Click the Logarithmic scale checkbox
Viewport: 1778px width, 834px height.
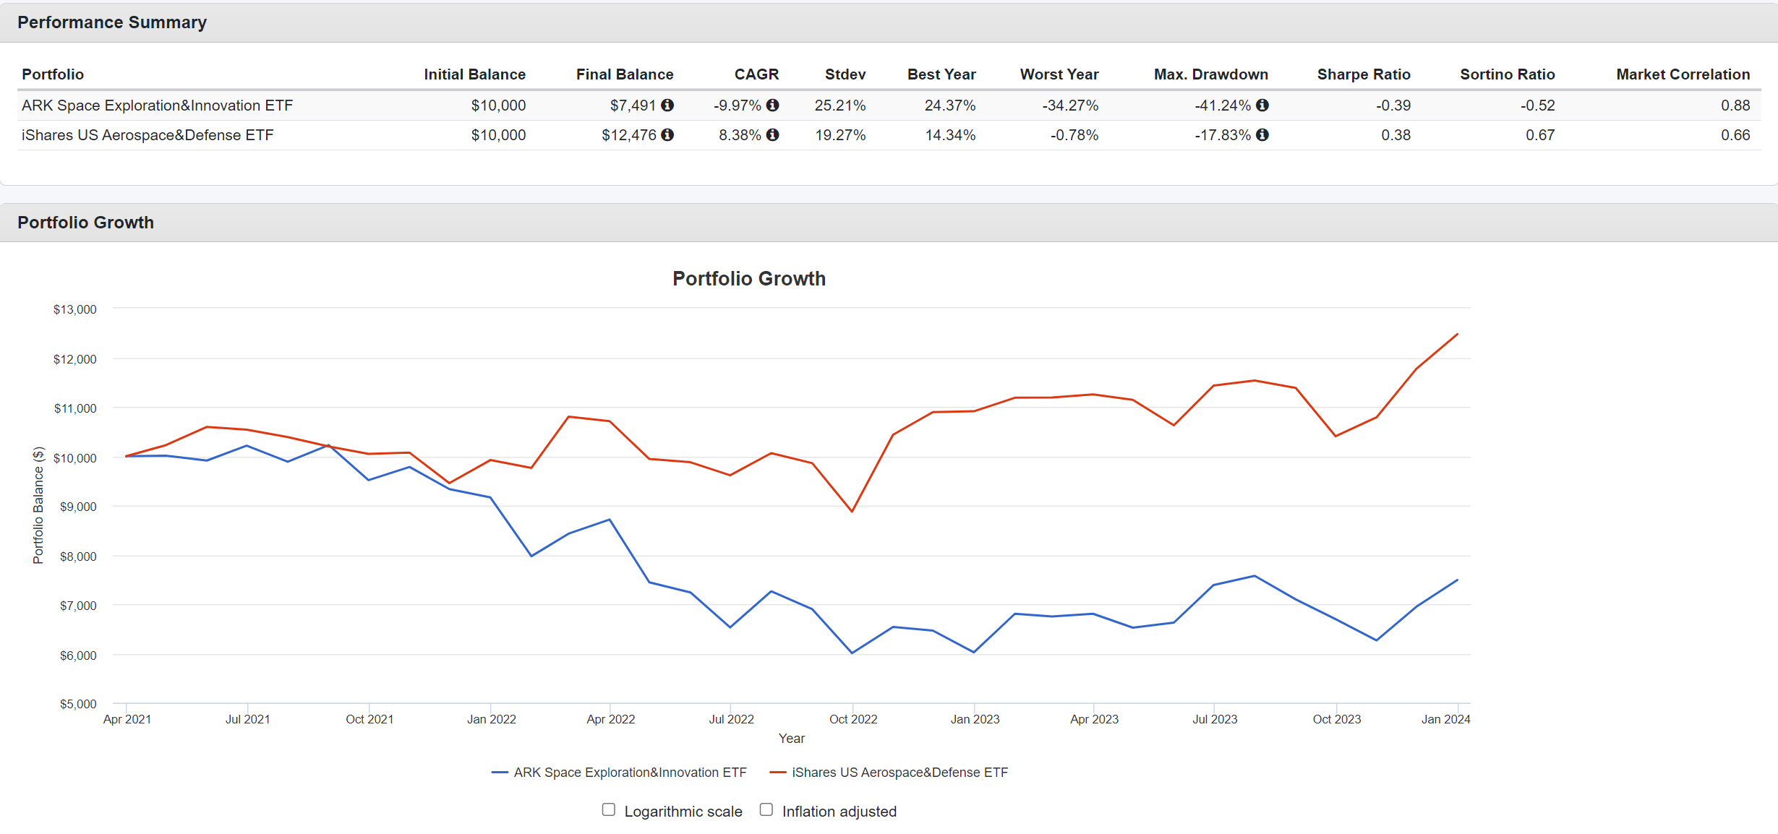(x=609, y=810)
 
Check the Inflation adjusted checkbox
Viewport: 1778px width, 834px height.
(x=766, y=810)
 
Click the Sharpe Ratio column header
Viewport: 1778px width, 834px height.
(x=1363, y=74)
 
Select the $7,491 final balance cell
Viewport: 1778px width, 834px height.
(x=632, y=106)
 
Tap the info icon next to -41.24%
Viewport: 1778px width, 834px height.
(x=1262, y=106)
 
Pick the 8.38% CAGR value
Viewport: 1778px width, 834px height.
(x=739, y=135)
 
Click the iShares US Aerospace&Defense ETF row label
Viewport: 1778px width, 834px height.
(x=148, y=135)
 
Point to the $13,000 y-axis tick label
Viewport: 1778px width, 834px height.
(x=74, y=309)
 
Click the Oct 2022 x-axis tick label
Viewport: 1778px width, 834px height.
(x=853, y=719)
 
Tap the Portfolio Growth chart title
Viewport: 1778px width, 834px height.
(x=749, y=279)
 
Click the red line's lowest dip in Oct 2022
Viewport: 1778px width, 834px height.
(x=852, y=512)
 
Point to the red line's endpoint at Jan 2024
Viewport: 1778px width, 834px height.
(x=1457, y=335)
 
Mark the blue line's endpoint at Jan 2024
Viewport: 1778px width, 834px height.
(x=1457, y=580)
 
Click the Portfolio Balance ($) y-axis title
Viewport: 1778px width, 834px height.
(x=38, y=505)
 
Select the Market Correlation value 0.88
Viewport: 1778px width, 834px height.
(x=1735, y=106)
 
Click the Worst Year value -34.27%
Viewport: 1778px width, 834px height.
(x=1069, y=106)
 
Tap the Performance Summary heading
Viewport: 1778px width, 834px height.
(x=112, y=22)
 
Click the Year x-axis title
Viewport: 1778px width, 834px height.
(x=791, y=739)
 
